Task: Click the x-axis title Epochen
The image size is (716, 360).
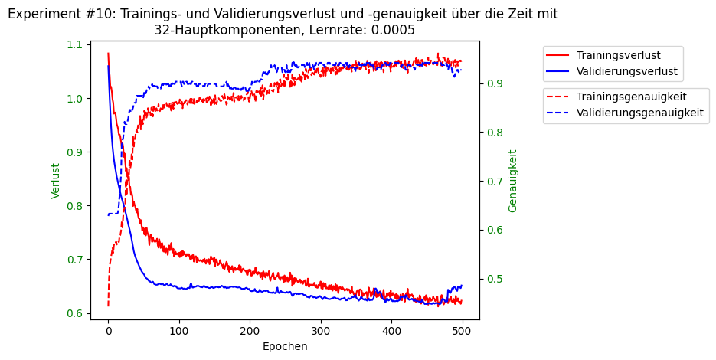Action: pyautogui.click(x=285, y=346)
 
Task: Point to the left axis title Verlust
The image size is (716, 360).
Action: pyautogui.click(x=56, y=181)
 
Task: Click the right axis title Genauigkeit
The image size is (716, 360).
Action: pyautogui.click(x=513, y=181)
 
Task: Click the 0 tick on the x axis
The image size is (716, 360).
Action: pyautogui.click(x=108, y=331)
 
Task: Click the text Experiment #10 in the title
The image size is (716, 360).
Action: pyautogui.click(x=60, y=15)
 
